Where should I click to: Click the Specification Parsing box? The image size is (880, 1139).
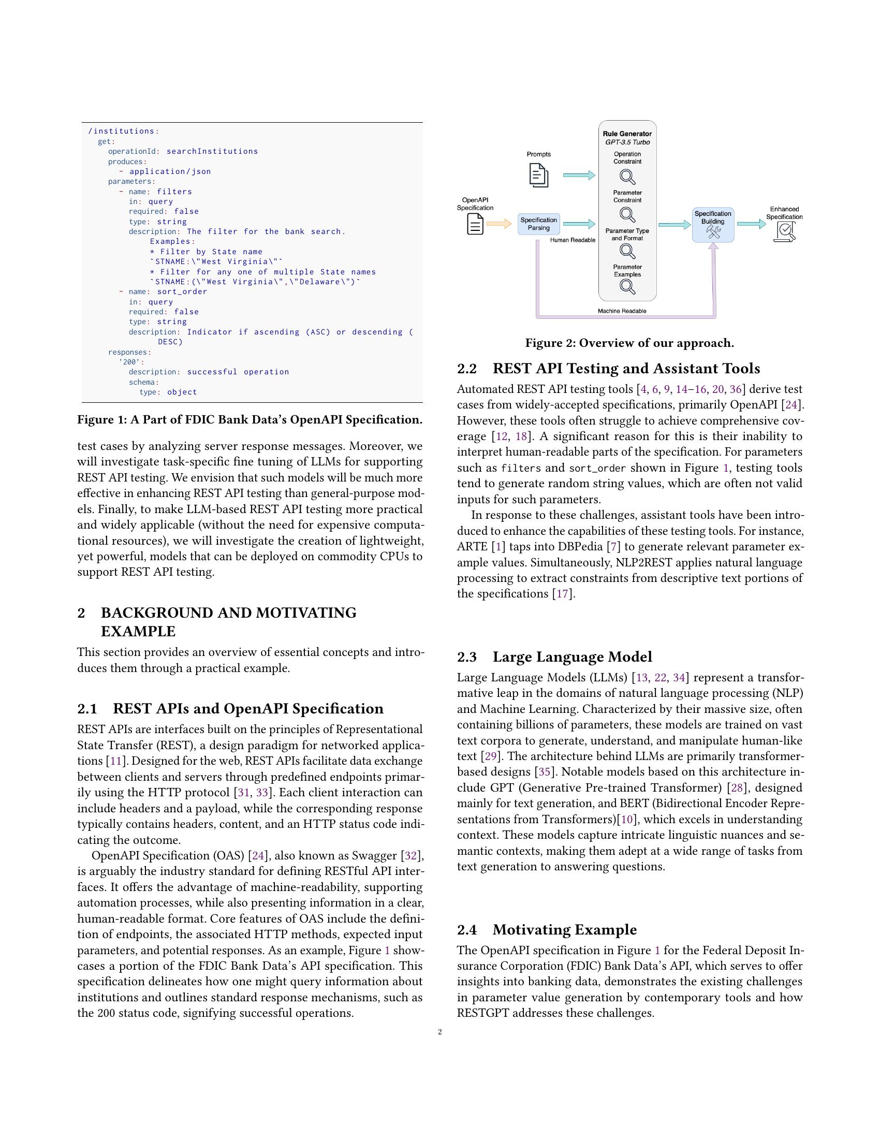point(538,224)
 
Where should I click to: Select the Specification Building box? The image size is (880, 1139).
point(713,225)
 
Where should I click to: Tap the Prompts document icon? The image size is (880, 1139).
point(538,175)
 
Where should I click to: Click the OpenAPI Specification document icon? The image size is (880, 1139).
point(475,224)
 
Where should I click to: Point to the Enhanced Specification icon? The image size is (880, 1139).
point(785,231)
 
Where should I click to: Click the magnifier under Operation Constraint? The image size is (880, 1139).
point(627,177)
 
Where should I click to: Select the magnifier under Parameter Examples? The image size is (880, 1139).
point(627,287)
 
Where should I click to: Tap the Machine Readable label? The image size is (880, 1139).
point(622,311)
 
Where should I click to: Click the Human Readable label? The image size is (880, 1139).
point(573,240)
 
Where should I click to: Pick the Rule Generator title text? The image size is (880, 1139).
point(627,134)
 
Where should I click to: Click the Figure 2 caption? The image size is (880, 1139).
point(629,343)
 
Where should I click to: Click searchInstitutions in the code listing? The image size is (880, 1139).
point(212,151)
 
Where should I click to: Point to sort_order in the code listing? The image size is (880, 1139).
point(182,291)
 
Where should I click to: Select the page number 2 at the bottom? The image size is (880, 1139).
point(440,1032)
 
